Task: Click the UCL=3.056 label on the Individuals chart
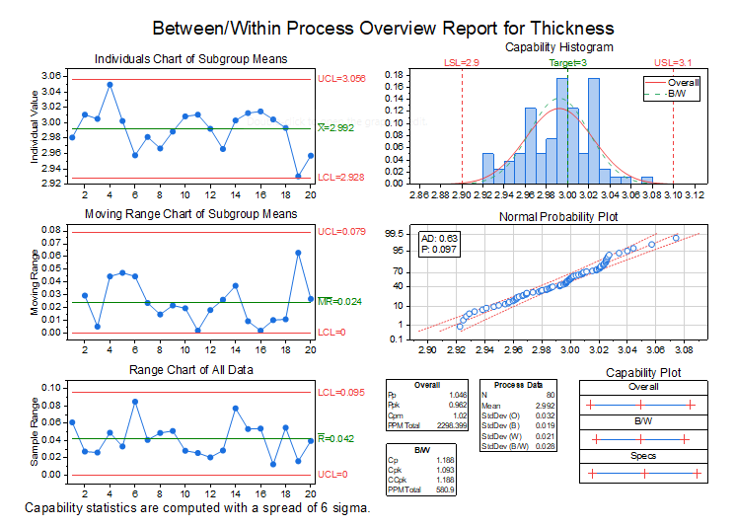341,78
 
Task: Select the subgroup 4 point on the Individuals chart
110,85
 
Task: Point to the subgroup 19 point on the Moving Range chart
298,253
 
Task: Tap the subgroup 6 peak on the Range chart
135,402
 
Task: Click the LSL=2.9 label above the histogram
462,63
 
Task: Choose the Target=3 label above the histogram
568,63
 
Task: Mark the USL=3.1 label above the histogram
673,63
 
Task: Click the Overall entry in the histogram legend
684,83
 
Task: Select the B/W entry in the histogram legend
677,94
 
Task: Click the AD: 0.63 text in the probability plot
439,239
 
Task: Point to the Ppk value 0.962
458,405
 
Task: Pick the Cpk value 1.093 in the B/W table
445,470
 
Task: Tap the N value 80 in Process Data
551,395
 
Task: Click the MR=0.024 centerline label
339,301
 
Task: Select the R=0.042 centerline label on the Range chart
335,438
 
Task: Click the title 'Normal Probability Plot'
558,217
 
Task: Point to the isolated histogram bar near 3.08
647,181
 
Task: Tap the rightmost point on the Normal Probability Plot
676,238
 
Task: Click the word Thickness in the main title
571,29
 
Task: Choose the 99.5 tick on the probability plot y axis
394,234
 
